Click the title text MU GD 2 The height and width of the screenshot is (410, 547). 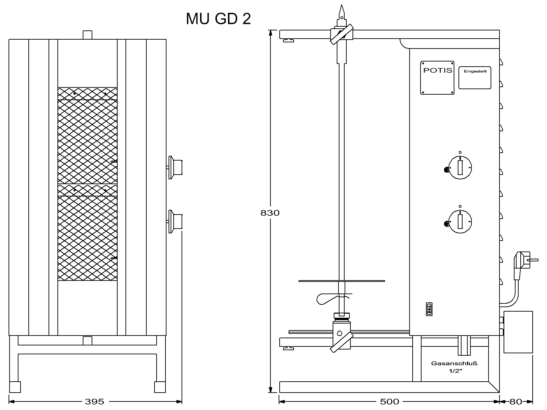pos(218,19)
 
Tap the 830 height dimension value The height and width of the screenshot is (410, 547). pos(270,213)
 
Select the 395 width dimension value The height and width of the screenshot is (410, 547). pos(94,401)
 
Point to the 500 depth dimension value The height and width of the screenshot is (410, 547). pos(389,401)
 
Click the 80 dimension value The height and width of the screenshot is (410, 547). pos(516,401)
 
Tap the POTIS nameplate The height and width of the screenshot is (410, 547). pos(437,78)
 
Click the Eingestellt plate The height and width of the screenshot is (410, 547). pos(475,78)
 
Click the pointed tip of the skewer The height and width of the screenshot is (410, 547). pos(342,5)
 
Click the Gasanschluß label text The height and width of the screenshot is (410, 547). pos(454,364)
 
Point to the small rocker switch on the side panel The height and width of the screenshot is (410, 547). pos(429,309)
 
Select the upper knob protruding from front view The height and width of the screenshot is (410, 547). pos(175,167)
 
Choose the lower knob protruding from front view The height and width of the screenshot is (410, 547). pos(175,221)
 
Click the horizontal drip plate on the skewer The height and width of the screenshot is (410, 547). pos(342,281)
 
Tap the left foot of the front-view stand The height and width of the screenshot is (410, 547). pos(15,387)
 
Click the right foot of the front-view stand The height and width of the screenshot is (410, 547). pos(160,387)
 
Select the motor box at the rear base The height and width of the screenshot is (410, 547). pos(518,332)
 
